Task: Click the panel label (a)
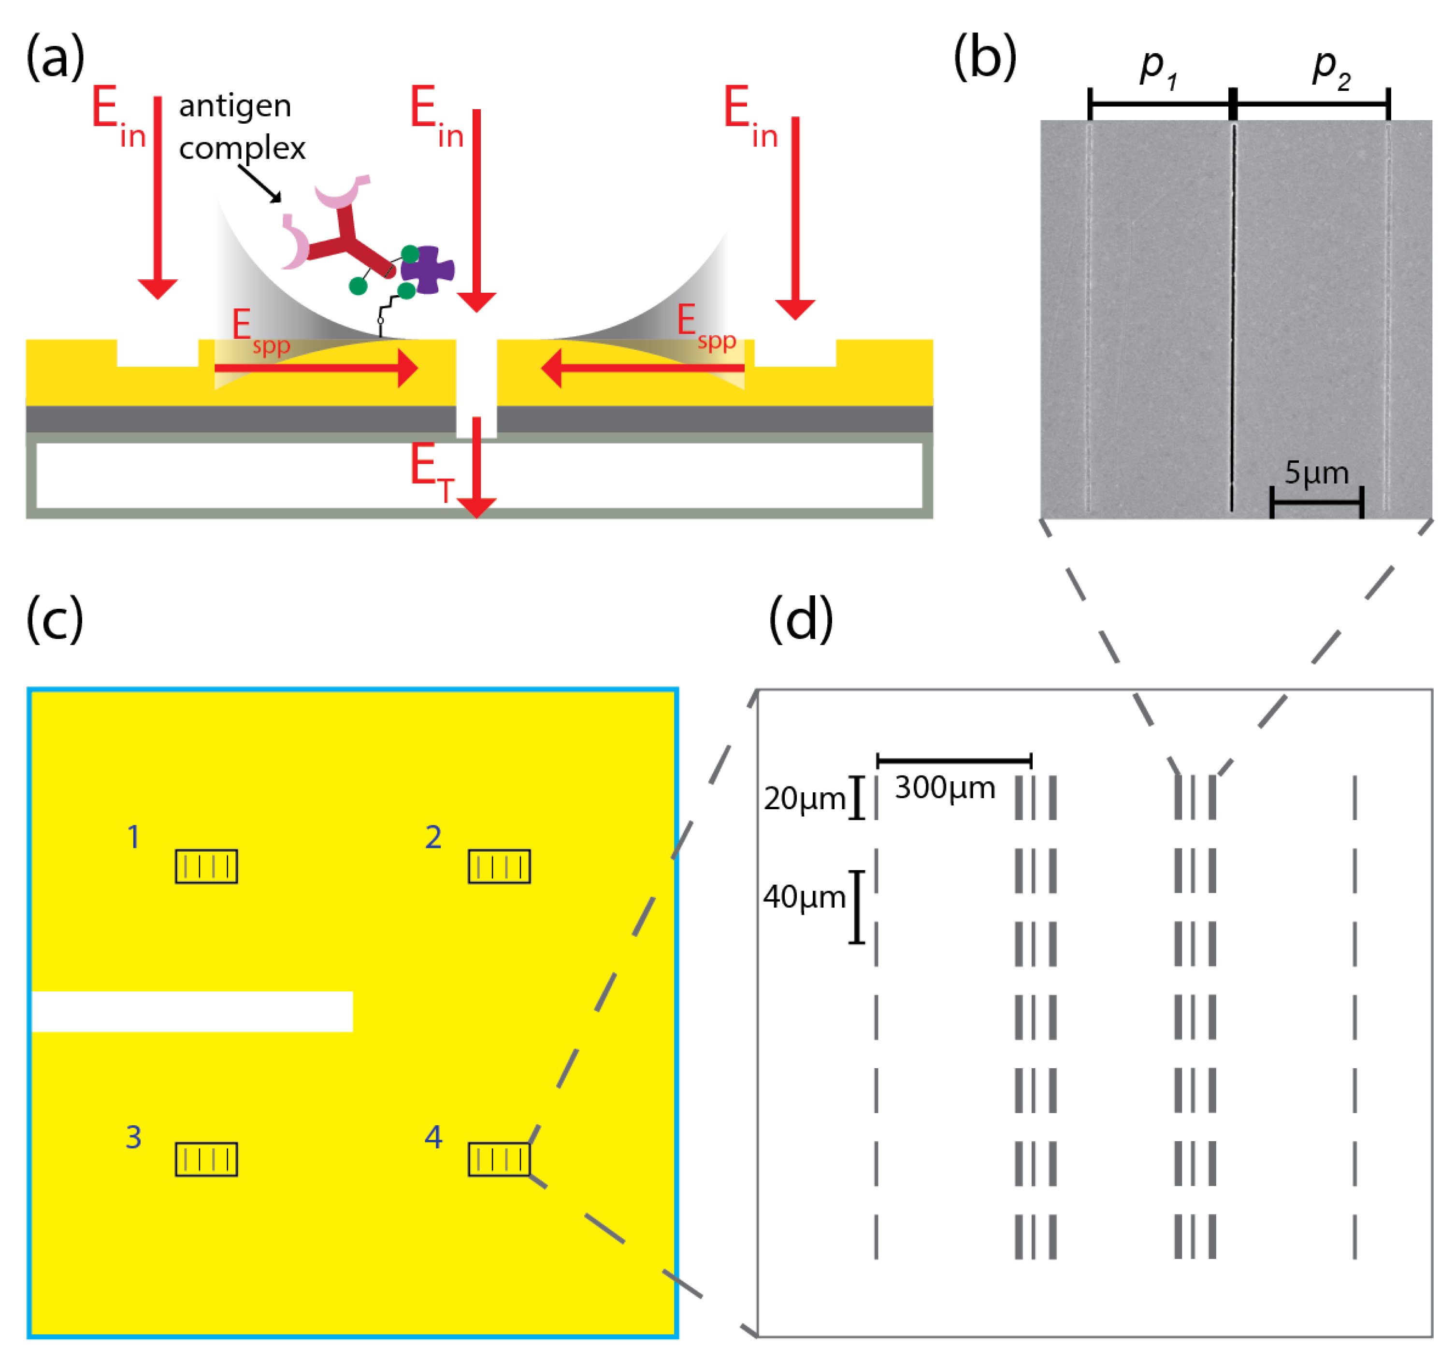tap(55, 58)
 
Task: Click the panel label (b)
tap(984, 58)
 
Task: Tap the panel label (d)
tap(800, 619)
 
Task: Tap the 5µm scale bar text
tap(1316, 473)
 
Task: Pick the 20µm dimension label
tap(804, 799)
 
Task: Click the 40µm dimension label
tap(804, 897)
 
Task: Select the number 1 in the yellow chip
tap(133, 837)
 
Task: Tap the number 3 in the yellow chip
tap(133, 1137)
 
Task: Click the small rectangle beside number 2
tap(499, 867)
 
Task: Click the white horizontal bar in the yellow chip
tap(192, 1011)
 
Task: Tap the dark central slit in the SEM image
tap(1233, 315)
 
